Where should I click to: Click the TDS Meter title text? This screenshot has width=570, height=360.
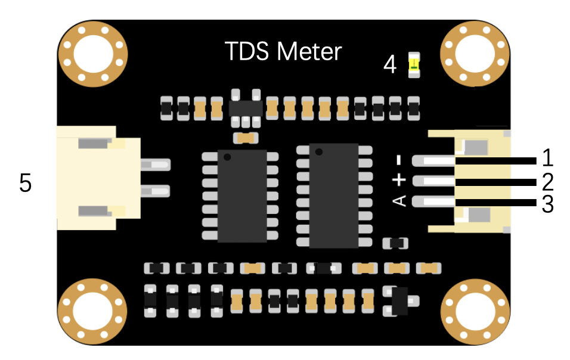(x=283, y=51)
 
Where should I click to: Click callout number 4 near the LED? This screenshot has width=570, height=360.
(x=390, y=64)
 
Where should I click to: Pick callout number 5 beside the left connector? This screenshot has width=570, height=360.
(x=25, y=183)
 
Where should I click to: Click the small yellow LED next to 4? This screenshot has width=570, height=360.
(x=413, y=65)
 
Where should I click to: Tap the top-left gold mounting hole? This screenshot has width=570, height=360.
(x=94, y=54)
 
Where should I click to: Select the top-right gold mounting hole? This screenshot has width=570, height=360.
(x=475, y=54)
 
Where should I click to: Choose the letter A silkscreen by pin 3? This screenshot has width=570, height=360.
(x=400, y=201)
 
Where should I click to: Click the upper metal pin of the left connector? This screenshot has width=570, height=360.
(x=155, y=164)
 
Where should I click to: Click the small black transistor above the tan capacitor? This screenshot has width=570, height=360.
(x=246, y=108)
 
